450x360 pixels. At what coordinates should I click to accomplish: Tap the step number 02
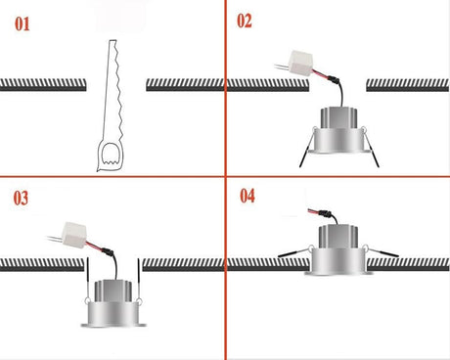coord(244,20)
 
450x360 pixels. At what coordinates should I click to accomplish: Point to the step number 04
coord(247,195)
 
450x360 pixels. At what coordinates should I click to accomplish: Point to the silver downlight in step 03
coord(112,303)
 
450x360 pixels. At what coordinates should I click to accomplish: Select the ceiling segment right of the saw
coord(186,85)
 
